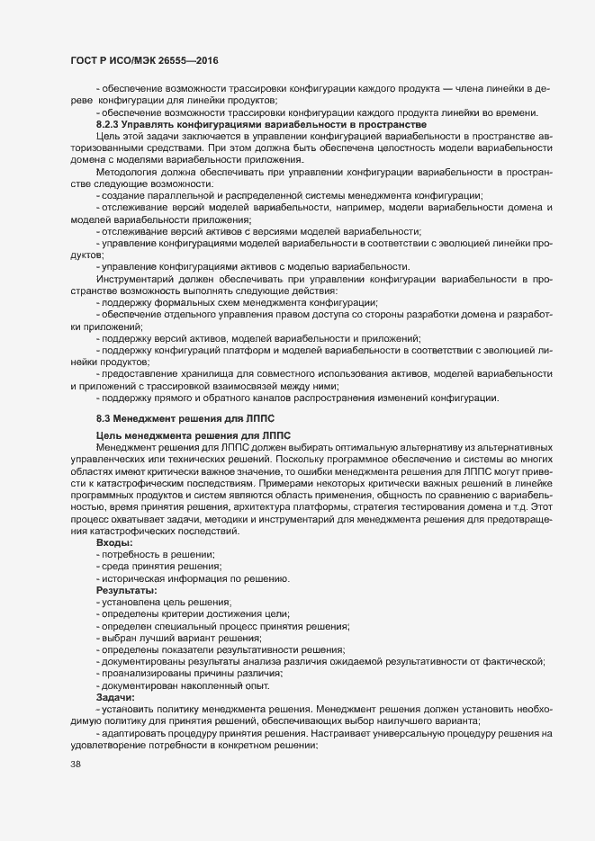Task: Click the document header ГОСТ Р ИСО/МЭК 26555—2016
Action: [145, 60]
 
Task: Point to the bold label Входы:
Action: [114, 542]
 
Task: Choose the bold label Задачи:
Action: [116, 697]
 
